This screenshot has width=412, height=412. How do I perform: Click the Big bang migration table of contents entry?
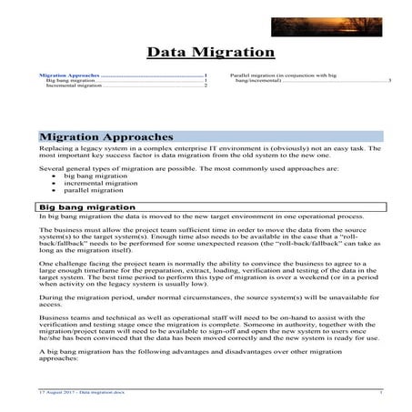[64, 80]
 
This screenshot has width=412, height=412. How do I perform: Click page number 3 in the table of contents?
[389, 80]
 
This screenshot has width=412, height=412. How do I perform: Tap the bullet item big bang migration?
[100, 177]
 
